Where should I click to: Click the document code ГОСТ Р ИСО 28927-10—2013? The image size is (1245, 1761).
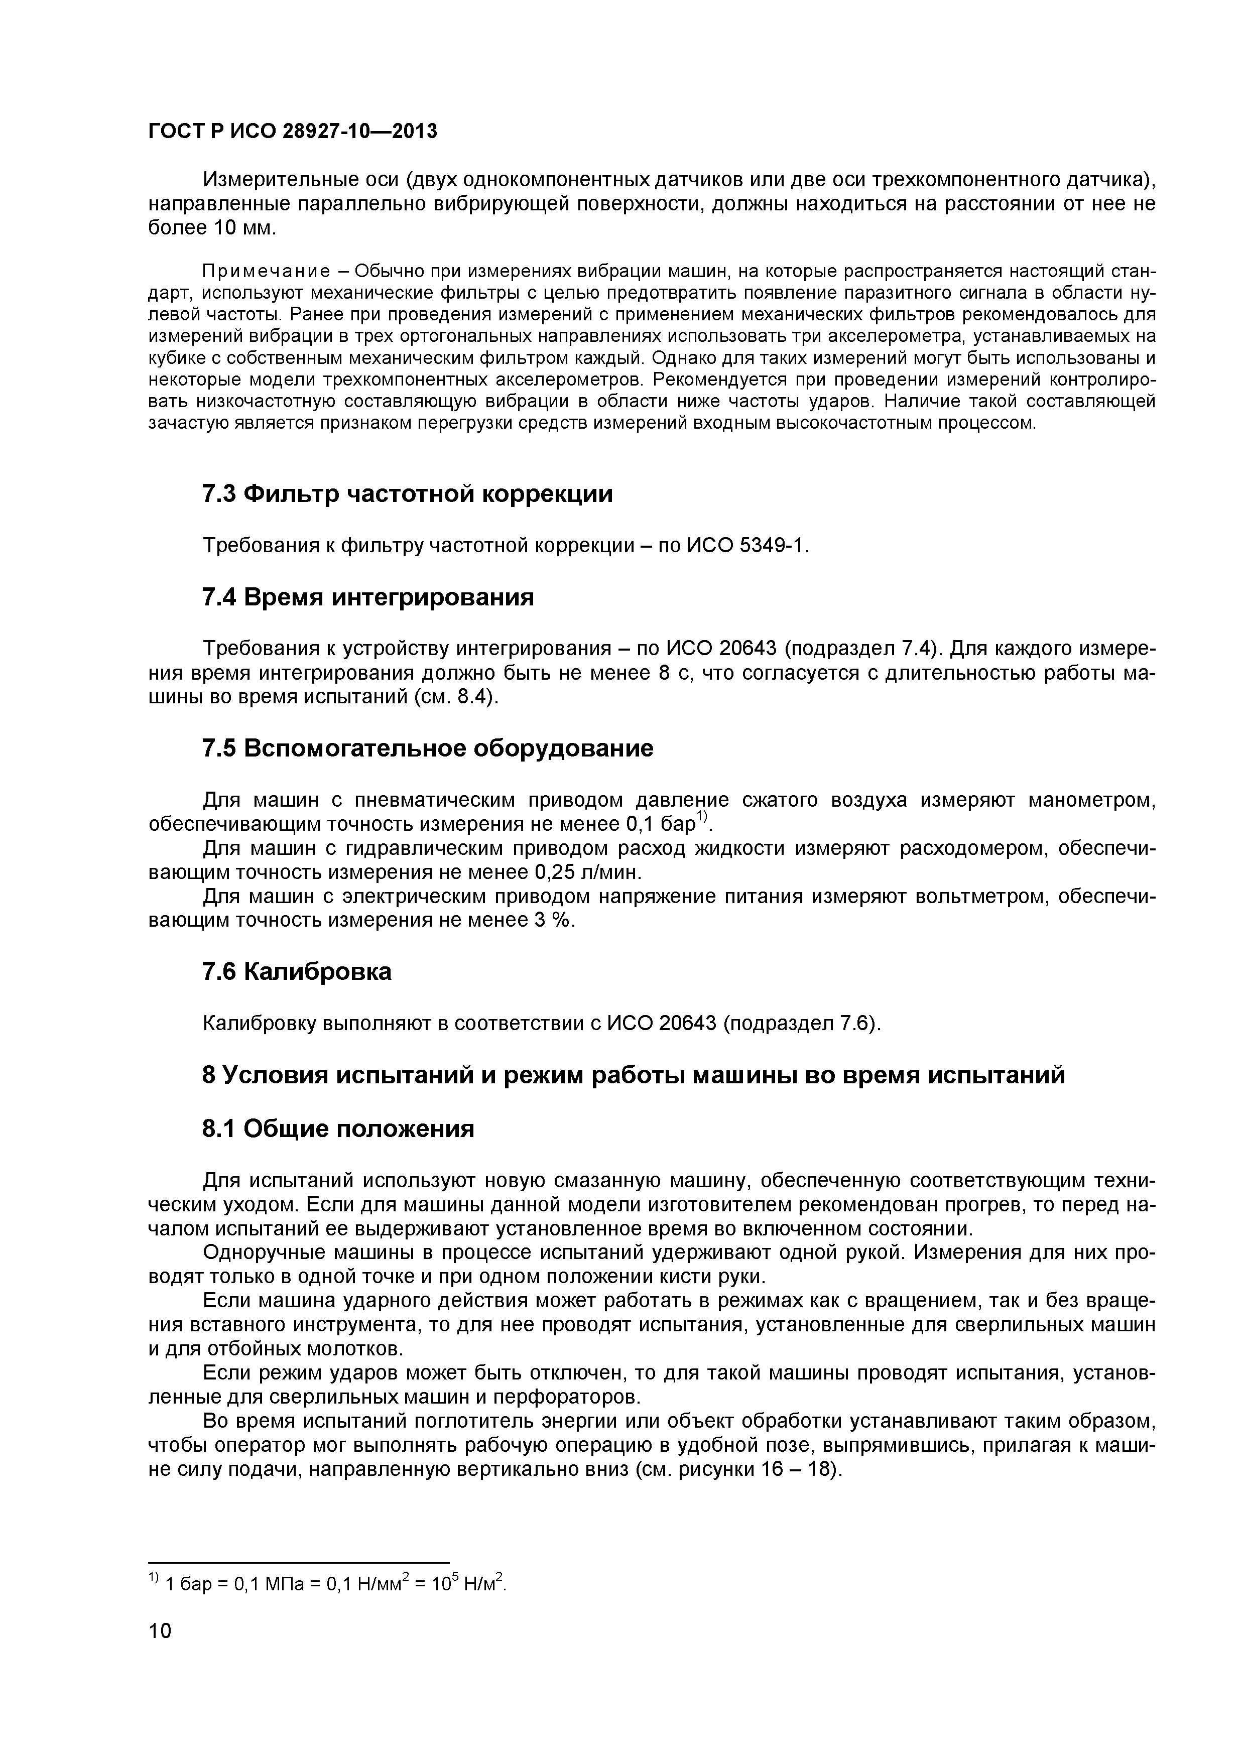point(292,132)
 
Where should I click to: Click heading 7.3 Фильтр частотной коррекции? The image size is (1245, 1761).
point(407,494)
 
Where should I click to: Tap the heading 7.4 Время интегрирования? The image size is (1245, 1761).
point(367,597)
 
